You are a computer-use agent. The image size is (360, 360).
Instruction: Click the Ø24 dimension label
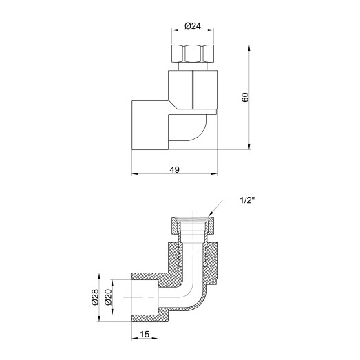click(193, 26)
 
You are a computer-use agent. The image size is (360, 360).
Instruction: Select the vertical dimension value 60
click(245, 97)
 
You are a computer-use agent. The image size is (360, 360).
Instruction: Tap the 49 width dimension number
click(174, 170)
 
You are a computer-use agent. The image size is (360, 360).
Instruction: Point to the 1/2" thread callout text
click(248, 201)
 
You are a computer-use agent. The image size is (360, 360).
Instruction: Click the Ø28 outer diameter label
click(95, 297)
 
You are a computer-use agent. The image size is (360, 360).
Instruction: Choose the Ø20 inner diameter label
click(108, 297)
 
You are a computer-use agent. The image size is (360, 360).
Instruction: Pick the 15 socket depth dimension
click(145, 335)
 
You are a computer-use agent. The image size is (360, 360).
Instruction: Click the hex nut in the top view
click(193, 53)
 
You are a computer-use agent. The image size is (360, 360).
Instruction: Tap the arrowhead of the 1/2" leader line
click(210, 215)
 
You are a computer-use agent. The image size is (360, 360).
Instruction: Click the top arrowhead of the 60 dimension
click(250, 47)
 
